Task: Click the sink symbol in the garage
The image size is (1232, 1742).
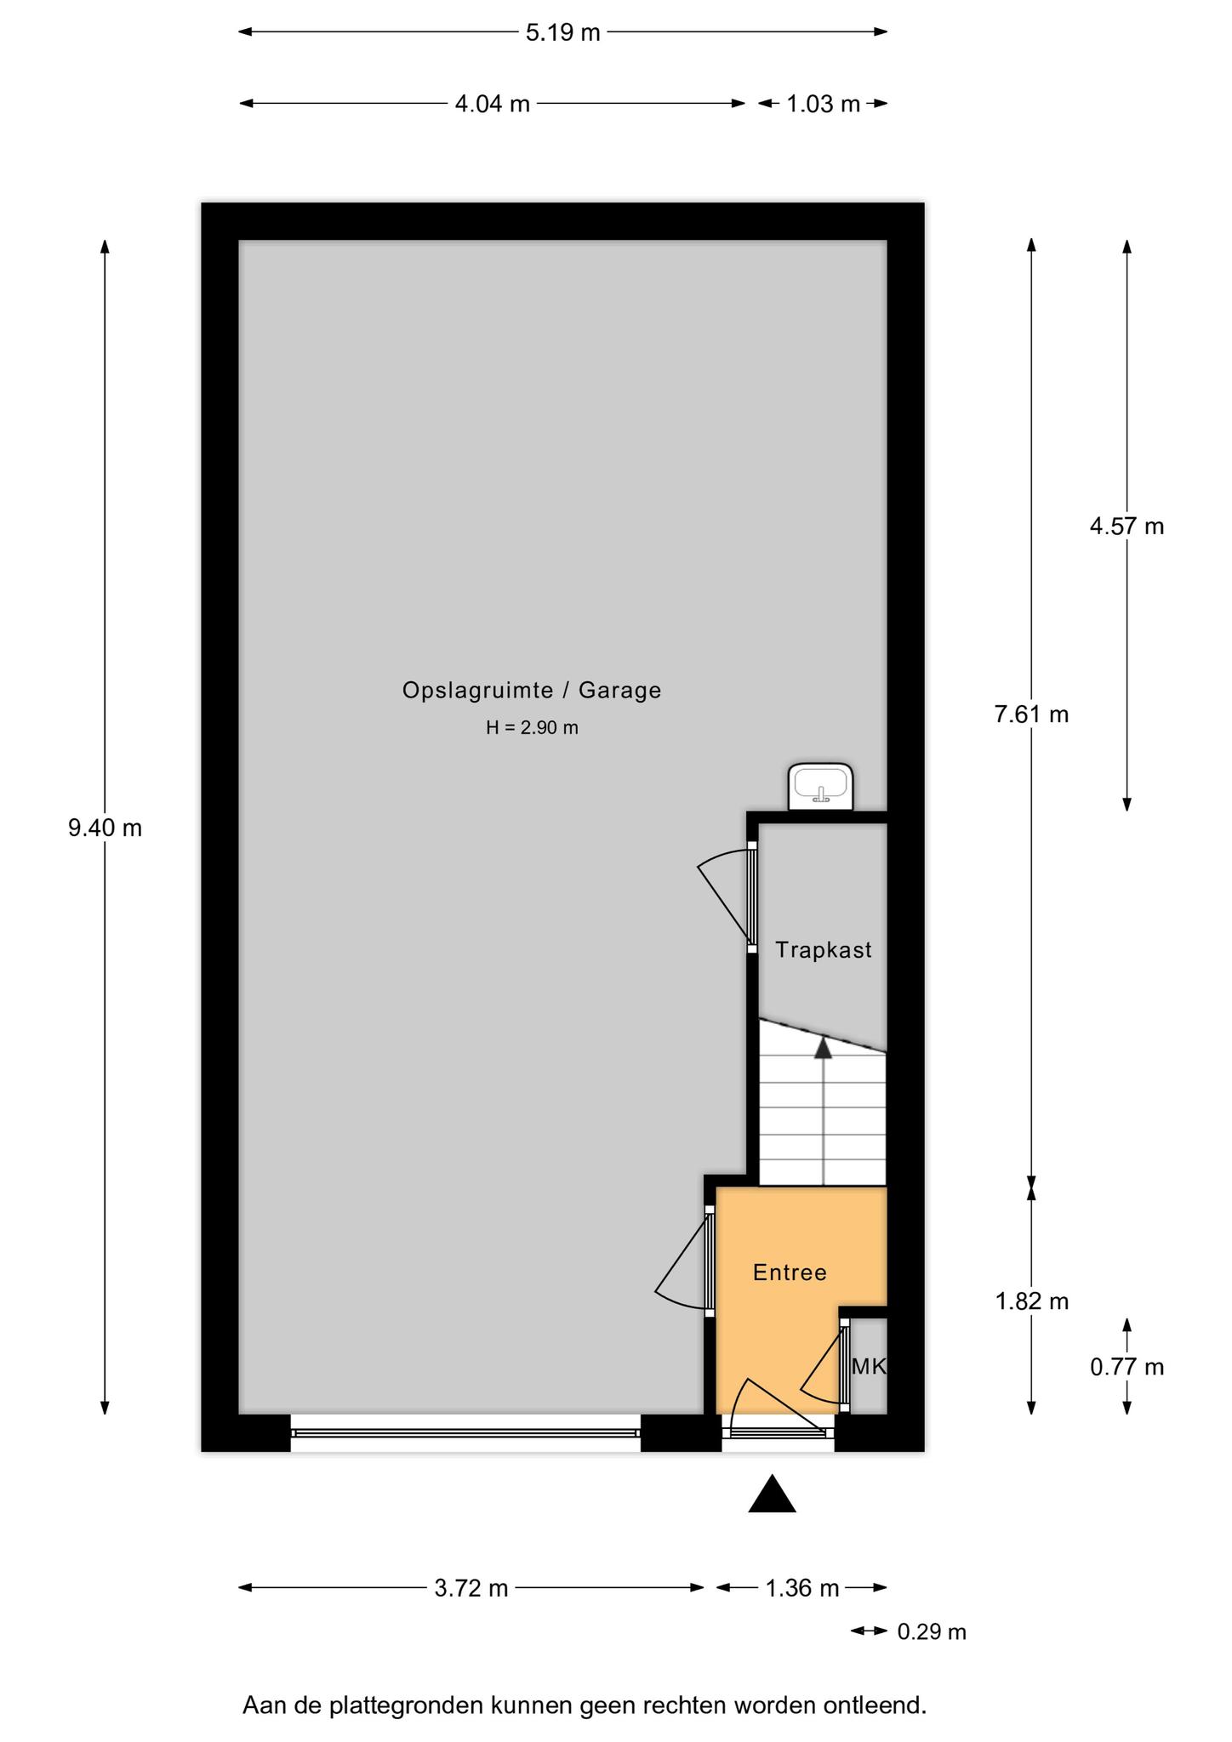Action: pyautogui.click(x=820, y=787)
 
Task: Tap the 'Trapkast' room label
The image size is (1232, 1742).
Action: pyautogui.click(x=824, y=950)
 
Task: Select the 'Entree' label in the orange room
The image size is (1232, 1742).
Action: pyautogui.click(x=790, y=1272)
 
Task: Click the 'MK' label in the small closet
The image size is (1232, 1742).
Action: pyautogui.click(x=869, y=1366)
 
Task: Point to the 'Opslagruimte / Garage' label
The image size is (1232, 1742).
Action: pyautogui.click(x=532, y=690)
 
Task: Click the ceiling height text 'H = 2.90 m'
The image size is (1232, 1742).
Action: pyautogui.click(x=532, y=728)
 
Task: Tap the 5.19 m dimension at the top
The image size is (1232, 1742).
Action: pyautogui.click(x=562, y=32)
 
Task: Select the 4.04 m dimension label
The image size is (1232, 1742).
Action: pyautogui.click(x=493, y=104)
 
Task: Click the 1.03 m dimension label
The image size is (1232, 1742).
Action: pyautogui.click(x=823, y=104)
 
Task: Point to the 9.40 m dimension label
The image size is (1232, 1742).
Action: pyautogui.click(x=105, y=828)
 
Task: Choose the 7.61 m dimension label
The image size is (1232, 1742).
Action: pyautogui.click(x=1031, y=714)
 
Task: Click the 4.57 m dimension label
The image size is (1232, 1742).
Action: pyautogui.click(x=1126, y=527)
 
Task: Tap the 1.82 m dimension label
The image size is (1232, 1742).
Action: pyautogui.click(x=1031, y=1301)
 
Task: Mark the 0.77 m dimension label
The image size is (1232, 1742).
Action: pyautogui.click(x=1126, y=1367)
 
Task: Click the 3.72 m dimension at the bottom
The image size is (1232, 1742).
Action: pyautogui.click(x=471, y=1588)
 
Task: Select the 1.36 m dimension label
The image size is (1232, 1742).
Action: pyautogui.click(x=801, y=1588)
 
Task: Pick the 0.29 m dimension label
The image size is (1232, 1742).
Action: pyautogui.click(x=932, y=1632)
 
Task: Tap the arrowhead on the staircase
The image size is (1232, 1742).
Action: pyautogui.click(x=823, y=1047)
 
